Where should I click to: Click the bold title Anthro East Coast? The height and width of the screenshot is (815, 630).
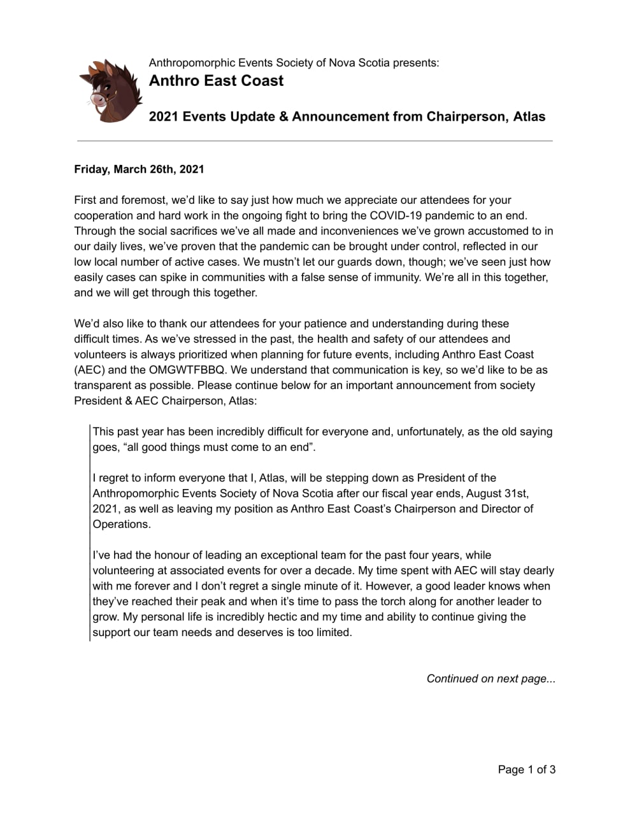click(216, 81)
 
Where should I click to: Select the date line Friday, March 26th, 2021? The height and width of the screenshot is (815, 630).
click(139, 169)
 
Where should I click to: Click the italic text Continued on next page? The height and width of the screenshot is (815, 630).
click(490, 679)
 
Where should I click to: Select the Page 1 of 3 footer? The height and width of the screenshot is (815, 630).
click(526, 770)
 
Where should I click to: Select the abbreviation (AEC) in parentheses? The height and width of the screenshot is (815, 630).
click(89, 370)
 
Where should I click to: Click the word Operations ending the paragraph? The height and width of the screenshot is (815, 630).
click(120, 524)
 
